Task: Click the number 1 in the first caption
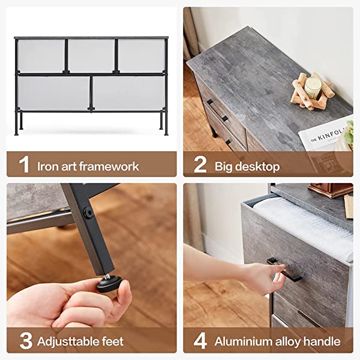click(24, 165)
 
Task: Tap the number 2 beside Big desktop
click(200, 165)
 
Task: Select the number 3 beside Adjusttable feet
click(25, 341)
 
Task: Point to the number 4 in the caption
click(200, 341)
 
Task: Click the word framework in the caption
click(112, 166)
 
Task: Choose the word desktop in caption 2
click(256, 166)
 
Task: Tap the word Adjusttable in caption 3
click(66, 342)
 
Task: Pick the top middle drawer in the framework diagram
click(91, 56)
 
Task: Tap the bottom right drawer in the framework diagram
click(128, 94)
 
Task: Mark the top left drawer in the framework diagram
click(41, 56)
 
